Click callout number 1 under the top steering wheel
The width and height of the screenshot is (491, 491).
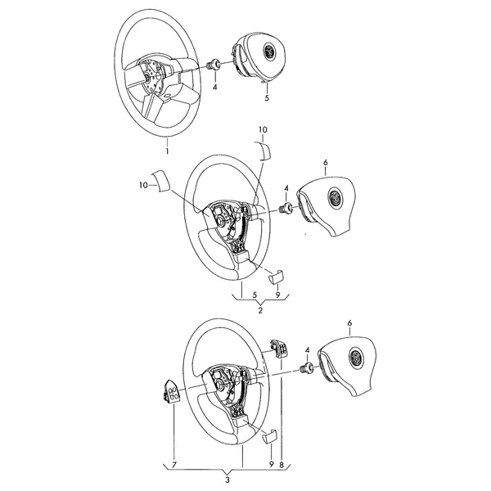click(x=167, y=151)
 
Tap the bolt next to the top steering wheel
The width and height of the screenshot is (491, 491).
click(x=214, y=64)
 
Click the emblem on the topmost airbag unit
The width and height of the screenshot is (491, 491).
click(x=269, y=50)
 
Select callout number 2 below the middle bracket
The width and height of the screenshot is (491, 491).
click(x=260, y=310)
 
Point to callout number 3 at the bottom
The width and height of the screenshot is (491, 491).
click(x=227, y=480)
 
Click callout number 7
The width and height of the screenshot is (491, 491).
click(x=174, y=464)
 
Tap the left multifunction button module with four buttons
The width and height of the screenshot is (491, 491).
click(x=171, y=391)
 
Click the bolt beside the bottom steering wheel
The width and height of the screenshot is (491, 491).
click(x=307, y=367)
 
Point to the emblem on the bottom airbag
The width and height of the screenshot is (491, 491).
click(x=356, y=356)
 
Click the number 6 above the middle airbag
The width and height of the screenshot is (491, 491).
click(x=326, y=163)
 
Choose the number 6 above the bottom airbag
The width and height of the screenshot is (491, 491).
click(x=349, y=323)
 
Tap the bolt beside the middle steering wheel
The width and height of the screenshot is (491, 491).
click(x=286, y=208)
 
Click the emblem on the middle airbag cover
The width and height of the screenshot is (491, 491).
click(x=335, y=197)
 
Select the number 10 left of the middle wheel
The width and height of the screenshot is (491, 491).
click(x=143, y=186)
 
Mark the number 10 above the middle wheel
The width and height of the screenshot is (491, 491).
click(x=263, y=129)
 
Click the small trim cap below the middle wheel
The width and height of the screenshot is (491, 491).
click(x=277, y=276)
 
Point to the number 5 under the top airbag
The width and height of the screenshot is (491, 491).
click(x=267, y=98)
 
